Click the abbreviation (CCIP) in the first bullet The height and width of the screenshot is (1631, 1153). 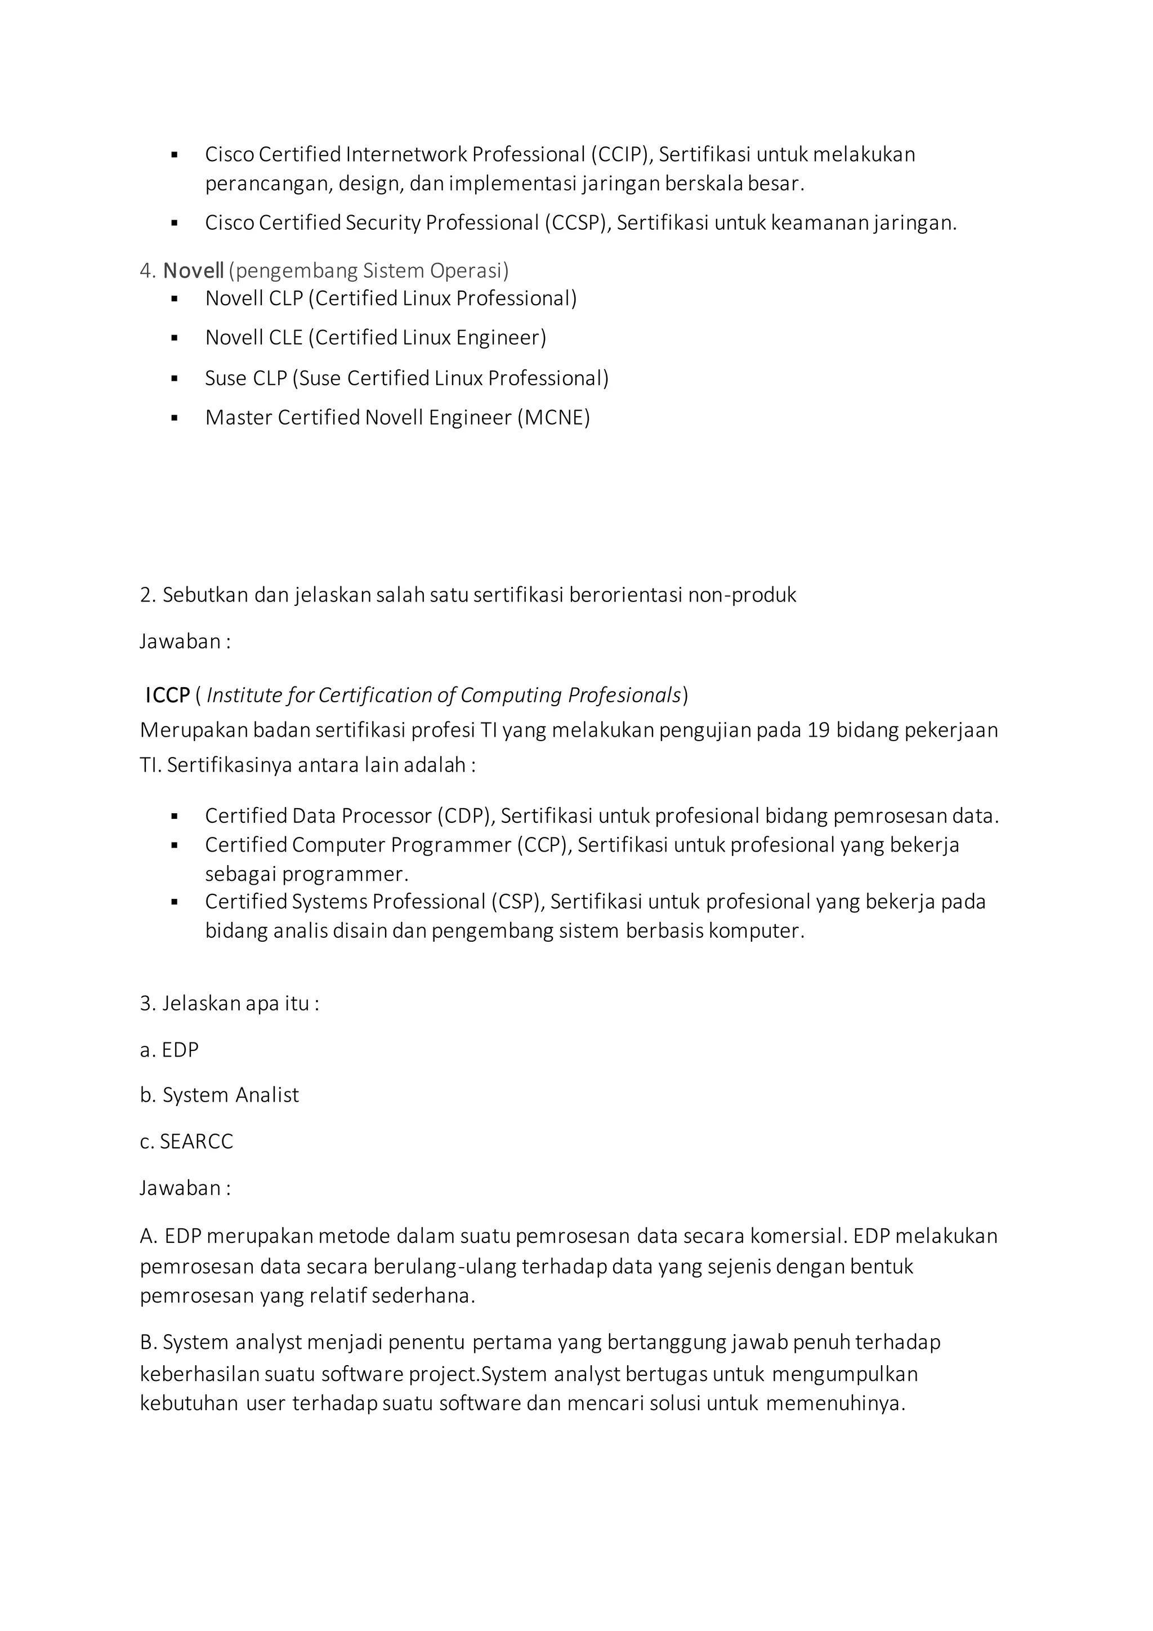pyautogui.click(x=620, y=154)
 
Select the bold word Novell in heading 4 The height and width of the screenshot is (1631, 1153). pyautogui.click(x=193, y=271)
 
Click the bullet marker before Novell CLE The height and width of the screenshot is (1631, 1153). pyautogui.click(x=175, y=339)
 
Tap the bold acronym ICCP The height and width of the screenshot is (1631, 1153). pyautogui.click(x=168, y=696)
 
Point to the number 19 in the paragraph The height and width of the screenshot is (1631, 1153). pyautogui.click(x=819, y=730)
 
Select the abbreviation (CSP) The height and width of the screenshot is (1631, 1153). pyautogui.click(x=517, y=902)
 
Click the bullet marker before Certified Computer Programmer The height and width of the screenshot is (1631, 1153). pyautogui.click(x=175, y=846)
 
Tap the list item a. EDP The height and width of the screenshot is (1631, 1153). pyautogui.click(x=169, y=1050)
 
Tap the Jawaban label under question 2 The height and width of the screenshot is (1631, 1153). pyautogui.click(x=185, y=641)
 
